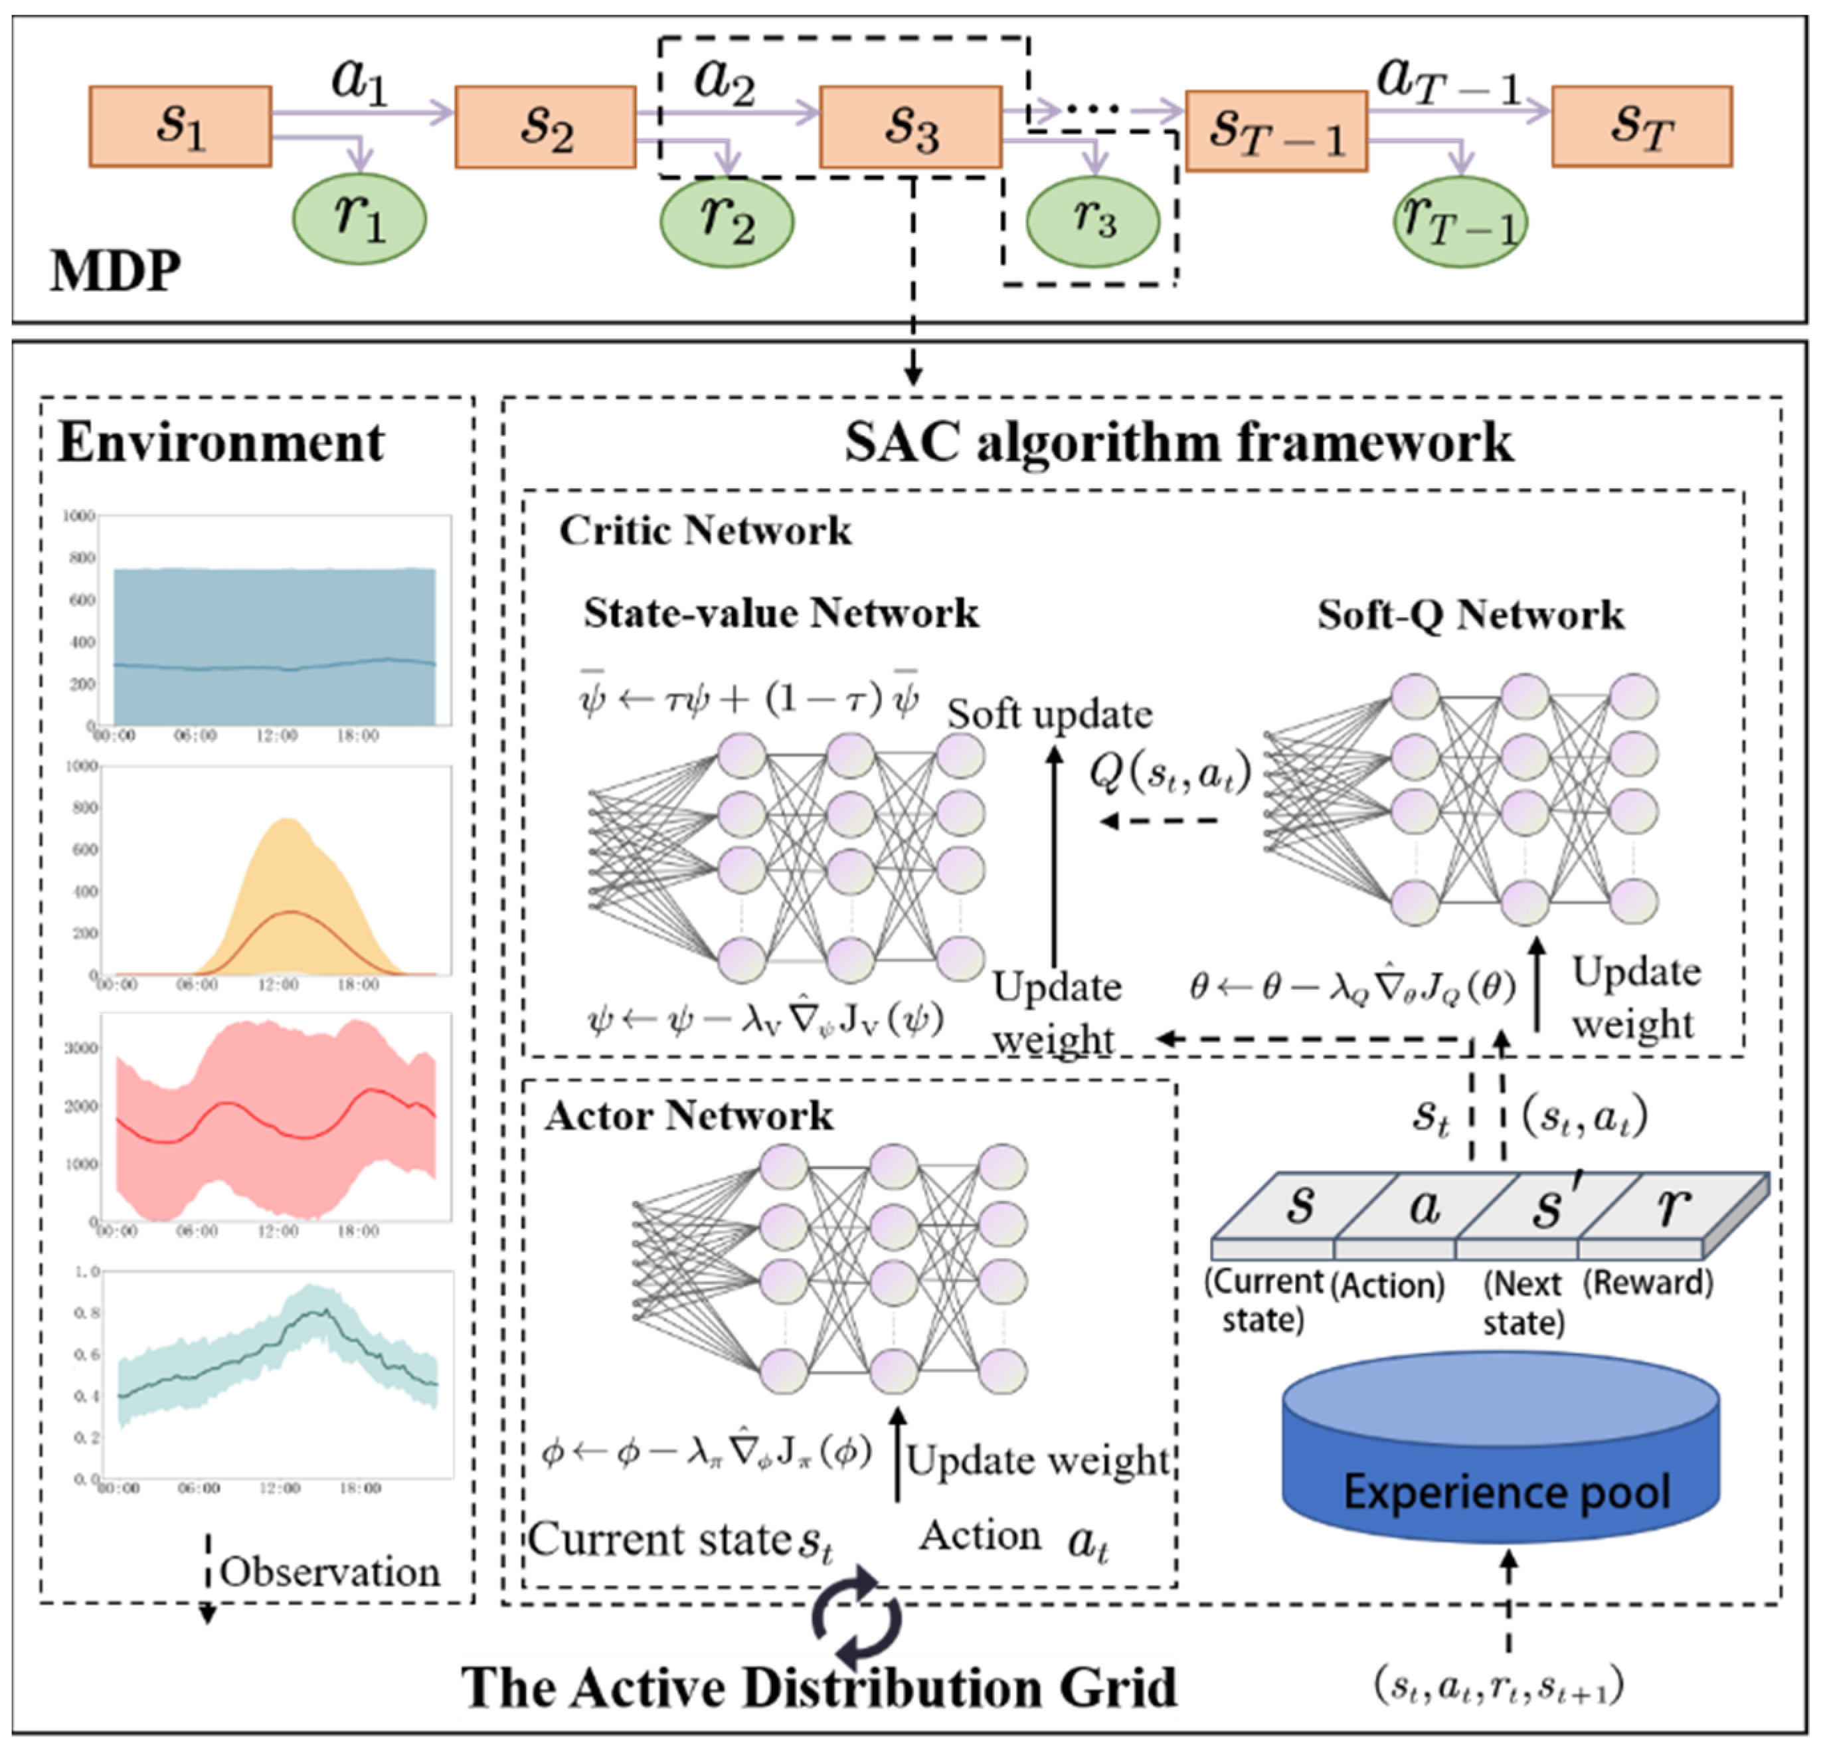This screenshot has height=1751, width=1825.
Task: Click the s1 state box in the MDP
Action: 180,127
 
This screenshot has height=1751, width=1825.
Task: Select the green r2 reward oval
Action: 727,221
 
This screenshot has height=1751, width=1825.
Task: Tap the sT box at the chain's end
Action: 1642,127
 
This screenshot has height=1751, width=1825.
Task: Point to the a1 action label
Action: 359,80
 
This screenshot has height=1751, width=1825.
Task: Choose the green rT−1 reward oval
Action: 1459,222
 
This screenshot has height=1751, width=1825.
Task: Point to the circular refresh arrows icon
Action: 857,1617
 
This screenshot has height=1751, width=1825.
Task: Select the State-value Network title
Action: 780,614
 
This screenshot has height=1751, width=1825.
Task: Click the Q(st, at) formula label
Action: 1170,772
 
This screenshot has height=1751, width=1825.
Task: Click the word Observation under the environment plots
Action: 329,1572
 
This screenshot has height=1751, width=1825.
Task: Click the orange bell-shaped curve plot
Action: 276,871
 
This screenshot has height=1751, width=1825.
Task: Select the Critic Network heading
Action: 705,531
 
